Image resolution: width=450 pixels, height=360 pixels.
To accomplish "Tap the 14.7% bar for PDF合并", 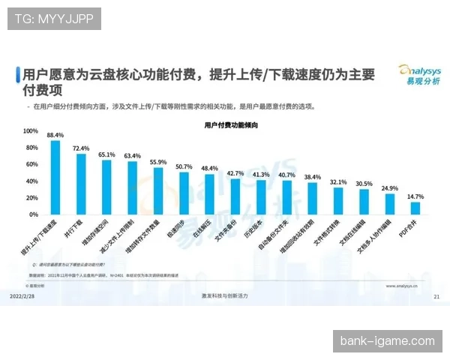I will pyautogui.click(x=415, y=208).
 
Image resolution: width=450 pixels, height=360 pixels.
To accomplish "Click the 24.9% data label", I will pyautogui.click(x=389, y=188).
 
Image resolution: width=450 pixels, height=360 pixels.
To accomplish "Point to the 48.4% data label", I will pyautogui.click(x=209, y=169).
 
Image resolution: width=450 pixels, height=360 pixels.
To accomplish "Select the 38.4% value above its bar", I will pyautogui.click(x=312, y=177).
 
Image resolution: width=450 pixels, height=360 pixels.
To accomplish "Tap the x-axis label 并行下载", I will pyautogui.click(x=74, y=229).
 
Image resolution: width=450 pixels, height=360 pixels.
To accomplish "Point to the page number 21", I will pyautogui.click(x=436, y=297).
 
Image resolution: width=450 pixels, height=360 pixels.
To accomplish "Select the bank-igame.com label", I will pyautogui.click(x=387, y=341).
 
